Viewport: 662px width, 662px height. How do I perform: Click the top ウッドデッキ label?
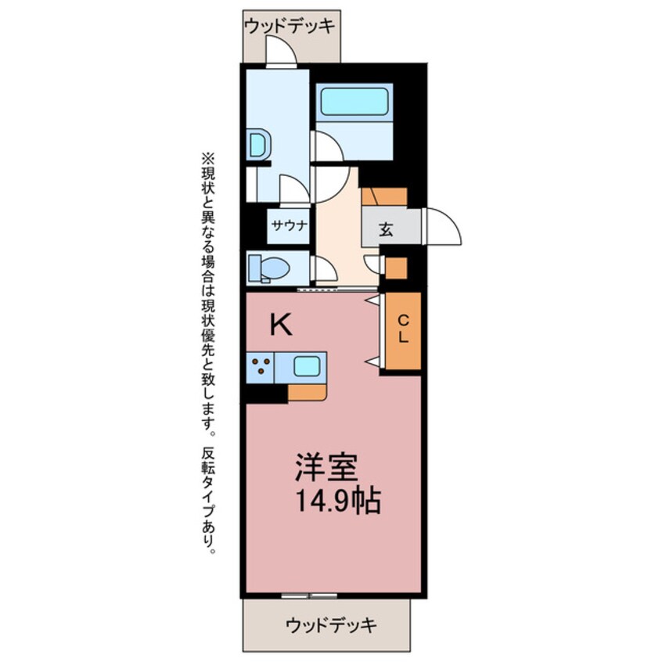click(290, 27)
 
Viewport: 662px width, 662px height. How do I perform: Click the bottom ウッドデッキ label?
click(331, 625)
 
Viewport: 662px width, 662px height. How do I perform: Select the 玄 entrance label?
click(387, 229)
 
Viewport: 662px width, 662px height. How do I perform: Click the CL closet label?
click(403, 329)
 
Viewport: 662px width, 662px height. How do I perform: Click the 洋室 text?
click(326, 469)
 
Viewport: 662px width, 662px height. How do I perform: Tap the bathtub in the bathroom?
click(354, 102)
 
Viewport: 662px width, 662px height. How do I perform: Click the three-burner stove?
click(261, 366)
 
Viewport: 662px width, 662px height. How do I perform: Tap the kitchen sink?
click(306, 366)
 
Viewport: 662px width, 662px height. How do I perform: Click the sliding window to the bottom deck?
click(310, 595)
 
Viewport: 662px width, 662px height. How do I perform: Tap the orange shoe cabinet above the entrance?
click(384, 196)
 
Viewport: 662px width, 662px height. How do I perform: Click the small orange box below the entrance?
click(397, 268)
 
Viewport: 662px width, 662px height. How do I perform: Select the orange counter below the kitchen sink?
click(307, 392)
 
